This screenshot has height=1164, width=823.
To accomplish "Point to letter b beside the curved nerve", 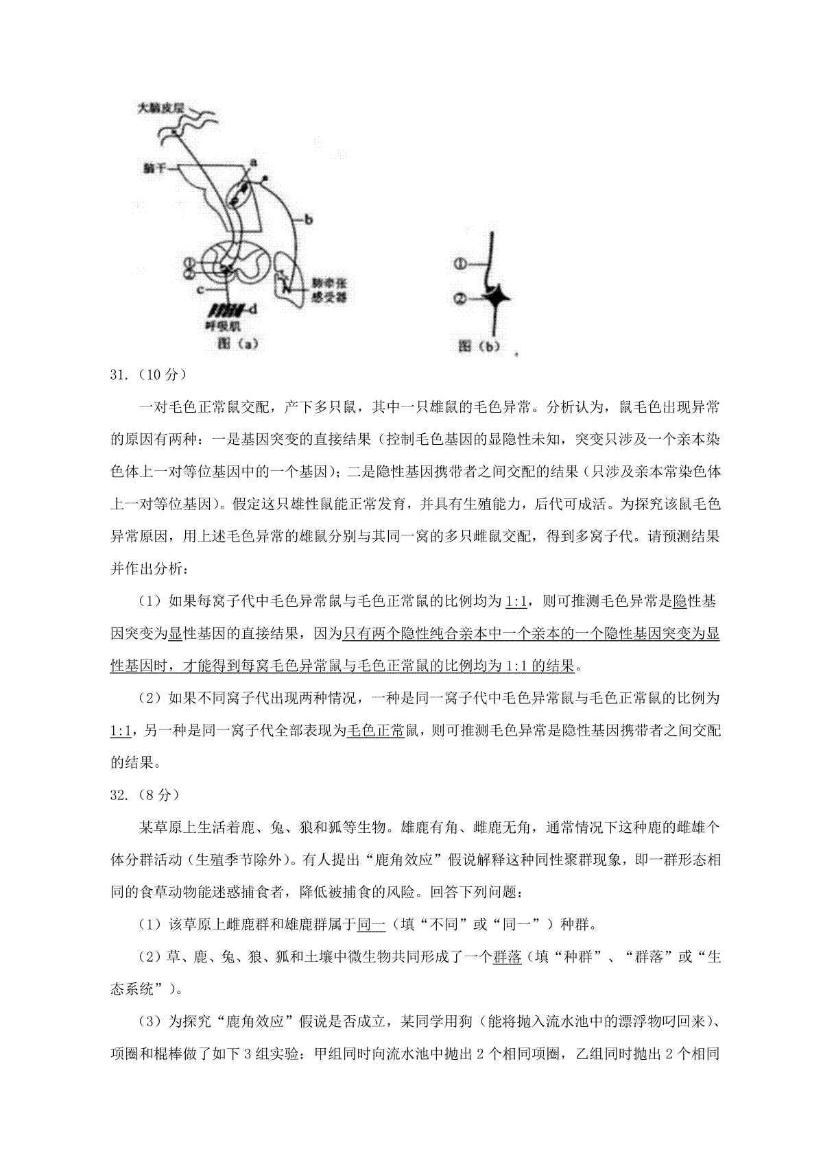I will [x=309, y=219].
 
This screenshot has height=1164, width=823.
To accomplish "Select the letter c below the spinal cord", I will [x=200, y=291].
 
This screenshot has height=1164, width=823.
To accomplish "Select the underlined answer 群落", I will [x=507, y=957].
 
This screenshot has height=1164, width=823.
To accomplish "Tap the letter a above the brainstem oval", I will [x=252, y=162].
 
